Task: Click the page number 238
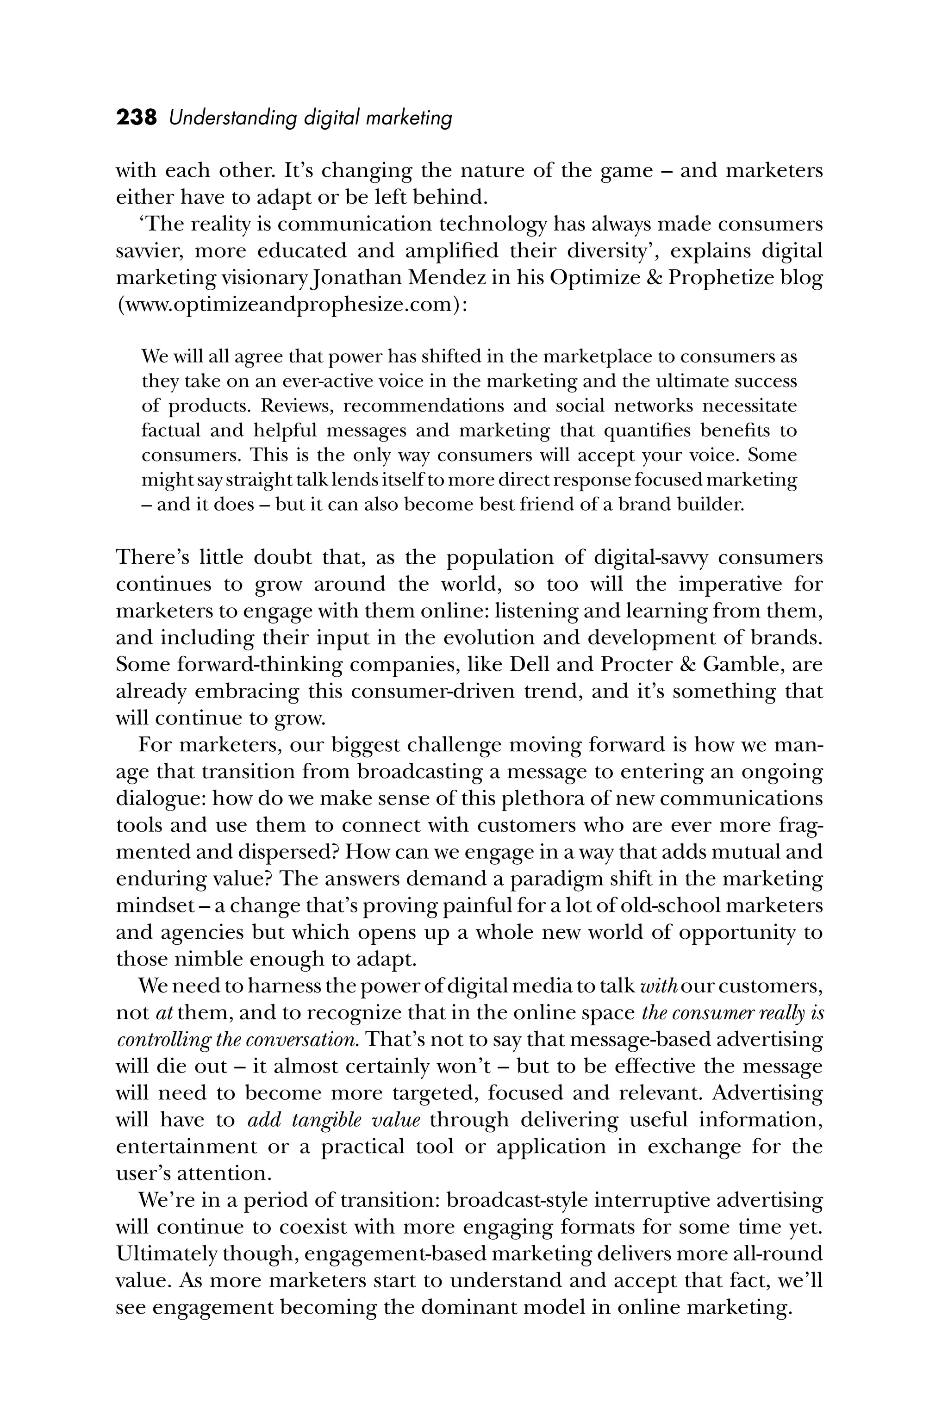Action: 136,117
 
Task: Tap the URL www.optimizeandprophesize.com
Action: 291,304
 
